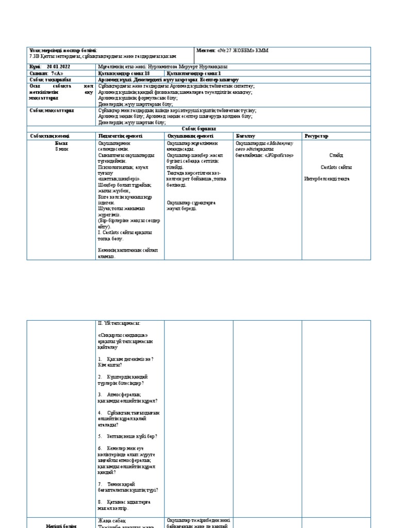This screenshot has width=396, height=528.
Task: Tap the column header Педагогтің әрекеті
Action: click(120, 136)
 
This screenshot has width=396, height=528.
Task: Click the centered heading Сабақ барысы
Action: click(199, 128)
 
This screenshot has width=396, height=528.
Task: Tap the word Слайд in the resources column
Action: click(336, 155)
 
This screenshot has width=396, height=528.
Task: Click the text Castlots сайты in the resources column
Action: click(336, 167)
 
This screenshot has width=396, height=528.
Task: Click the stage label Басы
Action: click(61, 142)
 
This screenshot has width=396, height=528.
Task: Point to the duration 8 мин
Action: click(61, 148)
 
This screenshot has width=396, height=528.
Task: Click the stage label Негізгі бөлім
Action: click(61, 526)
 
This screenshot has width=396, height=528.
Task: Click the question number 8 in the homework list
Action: click(100, 501)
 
